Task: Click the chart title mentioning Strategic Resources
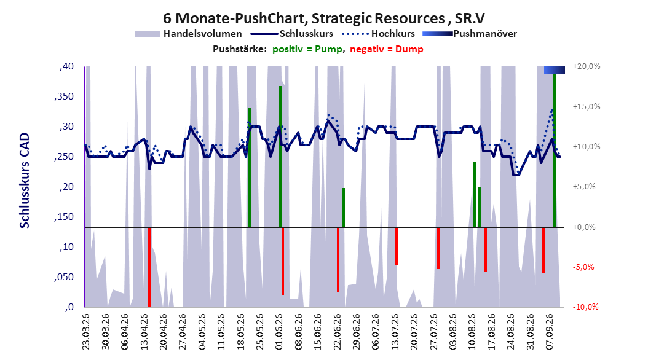point(323,18)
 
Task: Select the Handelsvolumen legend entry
point(189,34)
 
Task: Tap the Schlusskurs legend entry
point(292,34)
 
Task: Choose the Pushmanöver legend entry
point(470,34)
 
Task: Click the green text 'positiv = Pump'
point(307,49)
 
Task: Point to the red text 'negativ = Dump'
point(387,49)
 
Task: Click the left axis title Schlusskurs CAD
point(25,181)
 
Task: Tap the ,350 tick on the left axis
point(64,96)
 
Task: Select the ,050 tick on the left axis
point(64,277)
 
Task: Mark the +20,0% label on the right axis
point(587,66)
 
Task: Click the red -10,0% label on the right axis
point(585,307)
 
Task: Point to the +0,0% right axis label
point(584,227)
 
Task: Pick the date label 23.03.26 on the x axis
point(85,332)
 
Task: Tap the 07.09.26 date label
point(549,332)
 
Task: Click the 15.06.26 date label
point(317,332)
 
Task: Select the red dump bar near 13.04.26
point(149,267)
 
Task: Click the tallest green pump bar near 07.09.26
point(555,151)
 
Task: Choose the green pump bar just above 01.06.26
point(280,157)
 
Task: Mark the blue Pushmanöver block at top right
point(554,70)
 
